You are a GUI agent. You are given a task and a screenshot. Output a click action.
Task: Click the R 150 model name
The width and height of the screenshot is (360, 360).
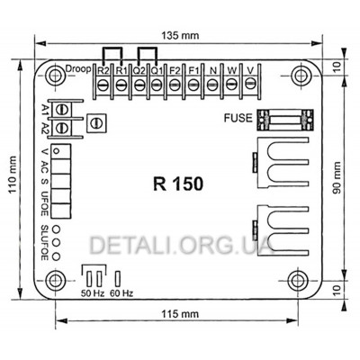pyautogui.click(x=178, y=182)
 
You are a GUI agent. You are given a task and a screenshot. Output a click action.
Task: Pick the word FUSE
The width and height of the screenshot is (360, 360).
pyautogui.click(x=237, y=117)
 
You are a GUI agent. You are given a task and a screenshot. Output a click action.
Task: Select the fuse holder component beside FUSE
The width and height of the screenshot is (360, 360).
pyautogui.click(x=277, y=117)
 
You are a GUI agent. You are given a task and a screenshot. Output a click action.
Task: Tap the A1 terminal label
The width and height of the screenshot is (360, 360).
pyautogui.click(x=44, y=112)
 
